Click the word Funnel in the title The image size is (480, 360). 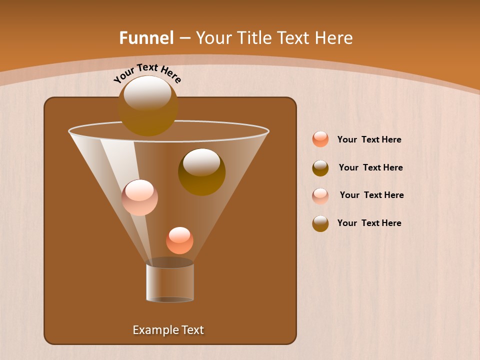click(x=146, y=38)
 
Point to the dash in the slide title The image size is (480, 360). click(x=184, y=38)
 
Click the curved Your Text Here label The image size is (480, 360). click(x=147, y=73)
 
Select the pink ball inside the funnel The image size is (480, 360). click(x=139, y=198)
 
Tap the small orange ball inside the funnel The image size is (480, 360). click(x=179, y=241)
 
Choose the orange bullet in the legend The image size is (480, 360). click(x=320, y=139)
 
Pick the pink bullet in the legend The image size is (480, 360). click(x=320, y=195)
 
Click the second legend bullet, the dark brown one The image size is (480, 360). click(x=320, y=168)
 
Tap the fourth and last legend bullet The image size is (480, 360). click(x=320, y=223)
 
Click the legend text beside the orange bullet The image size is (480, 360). click(x=369, y=140)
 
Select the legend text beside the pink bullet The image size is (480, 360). click(x=371, y=195)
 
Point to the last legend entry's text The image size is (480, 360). click(x=369, y=223)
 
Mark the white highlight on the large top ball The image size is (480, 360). click(x=147, y=92)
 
